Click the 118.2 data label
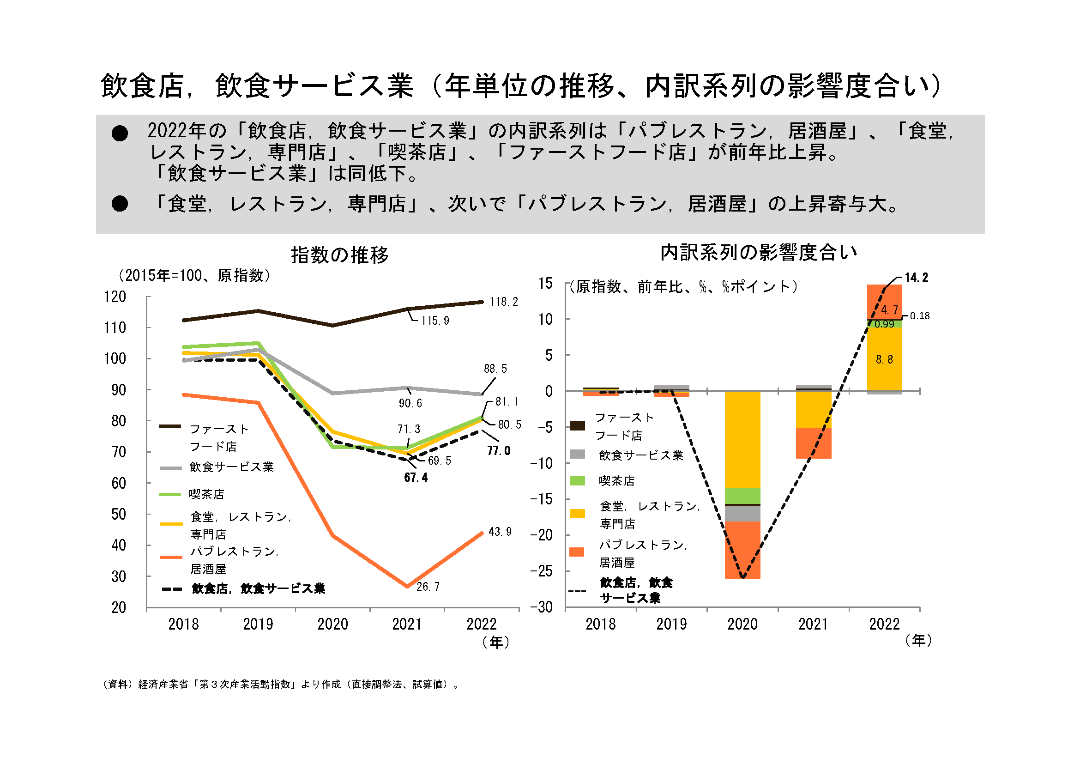coord(503,302)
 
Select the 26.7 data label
coord(428,587)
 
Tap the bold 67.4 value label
coord(416,478)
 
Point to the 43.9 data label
coord(500,532)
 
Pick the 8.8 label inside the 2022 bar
coord(884,359)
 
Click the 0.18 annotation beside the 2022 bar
coord(920,315)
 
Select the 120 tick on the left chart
coord(115,297)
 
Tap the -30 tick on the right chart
coord(542,607)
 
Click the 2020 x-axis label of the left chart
coord(332,625)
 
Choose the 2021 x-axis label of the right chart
coord(813,625)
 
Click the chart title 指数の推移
coord(340,255)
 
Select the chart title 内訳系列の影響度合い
coord(758,253)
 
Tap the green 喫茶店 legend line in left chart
coord(170,494)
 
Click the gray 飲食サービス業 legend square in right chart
coord(577,455)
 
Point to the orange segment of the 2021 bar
coord(813,443)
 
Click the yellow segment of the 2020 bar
coord(742,440)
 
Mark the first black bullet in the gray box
coord(120,133)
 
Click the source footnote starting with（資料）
coord(281,684)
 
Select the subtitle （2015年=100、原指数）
coord(194,275)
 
